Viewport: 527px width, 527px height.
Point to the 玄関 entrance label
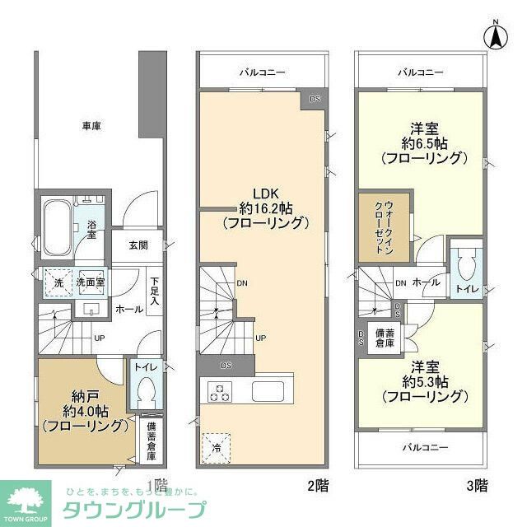[138, 245]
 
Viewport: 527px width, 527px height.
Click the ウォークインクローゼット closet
[383, 228]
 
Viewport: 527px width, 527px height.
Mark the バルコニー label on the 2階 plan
[263, 72]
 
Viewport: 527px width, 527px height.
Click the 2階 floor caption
[318, 486]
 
